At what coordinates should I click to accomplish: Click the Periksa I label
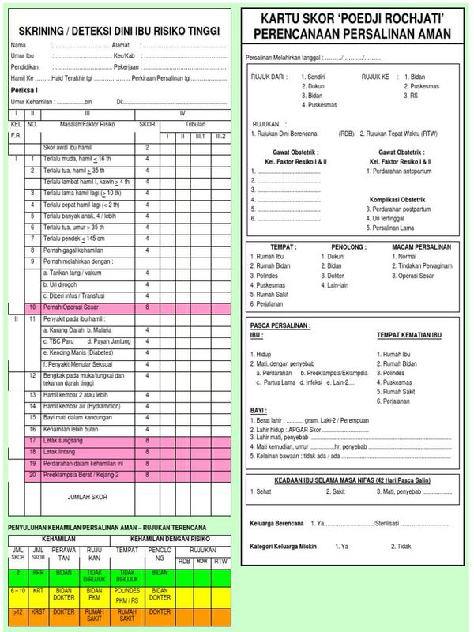pos(26,91)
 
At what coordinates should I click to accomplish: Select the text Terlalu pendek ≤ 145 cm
pos(76,239)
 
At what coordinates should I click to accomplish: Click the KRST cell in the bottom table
pos(38,612)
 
